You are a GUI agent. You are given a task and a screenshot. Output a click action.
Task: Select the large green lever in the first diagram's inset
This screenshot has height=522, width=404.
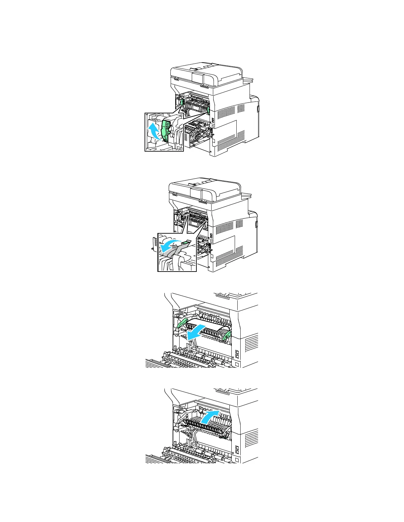coord(166,130)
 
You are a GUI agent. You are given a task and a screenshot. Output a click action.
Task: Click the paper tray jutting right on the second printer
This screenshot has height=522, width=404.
coord(246,195)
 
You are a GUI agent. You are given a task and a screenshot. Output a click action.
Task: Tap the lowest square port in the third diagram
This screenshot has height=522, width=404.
coord(237,365)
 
